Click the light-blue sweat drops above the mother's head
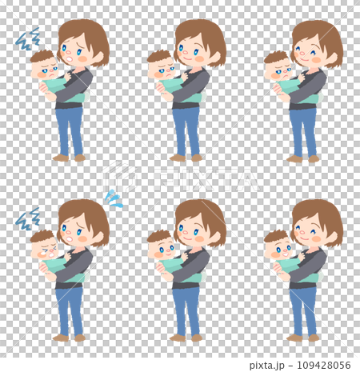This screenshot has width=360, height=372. pyautogui.click(x=114, y=199)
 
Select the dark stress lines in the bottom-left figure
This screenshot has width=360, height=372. pyautogui.click(x=27, y=217)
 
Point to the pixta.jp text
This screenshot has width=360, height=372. pyautogui.click(x=270, y=365)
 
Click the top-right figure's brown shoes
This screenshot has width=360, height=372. pyautogui.click(x=305, y=158)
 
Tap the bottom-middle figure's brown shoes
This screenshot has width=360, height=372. pyautogui.click(x=187, y=338)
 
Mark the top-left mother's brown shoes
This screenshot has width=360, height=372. pyautogui.click(x=70, y=158)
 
